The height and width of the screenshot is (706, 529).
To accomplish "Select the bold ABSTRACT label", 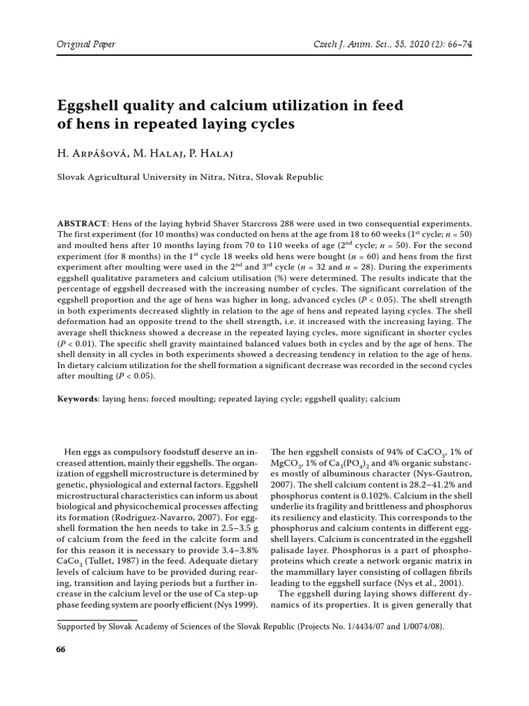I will coord(81,224).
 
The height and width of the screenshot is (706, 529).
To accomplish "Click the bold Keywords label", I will coord(77,399).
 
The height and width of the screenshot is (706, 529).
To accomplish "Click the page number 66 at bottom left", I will coord(60,652).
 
